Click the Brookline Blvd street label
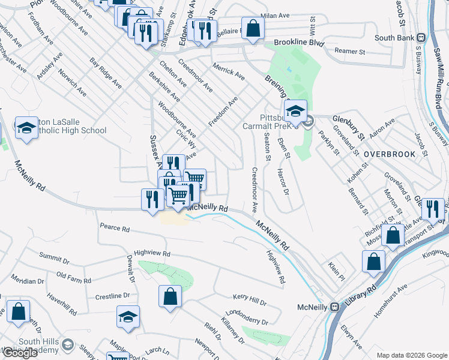click(299, 43)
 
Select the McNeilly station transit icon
click(335, 307)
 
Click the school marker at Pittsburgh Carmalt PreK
click(296, 111)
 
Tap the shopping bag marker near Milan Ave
click(253, 28)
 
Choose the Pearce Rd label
click(115, 229)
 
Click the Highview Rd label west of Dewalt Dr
click(152, 254)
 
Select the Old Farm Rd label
click(73, 278)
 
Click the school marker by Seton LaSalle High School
click(26, 128)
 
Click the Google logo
click(20, 353)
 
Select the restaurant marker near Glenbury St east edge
click(431, 208)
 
